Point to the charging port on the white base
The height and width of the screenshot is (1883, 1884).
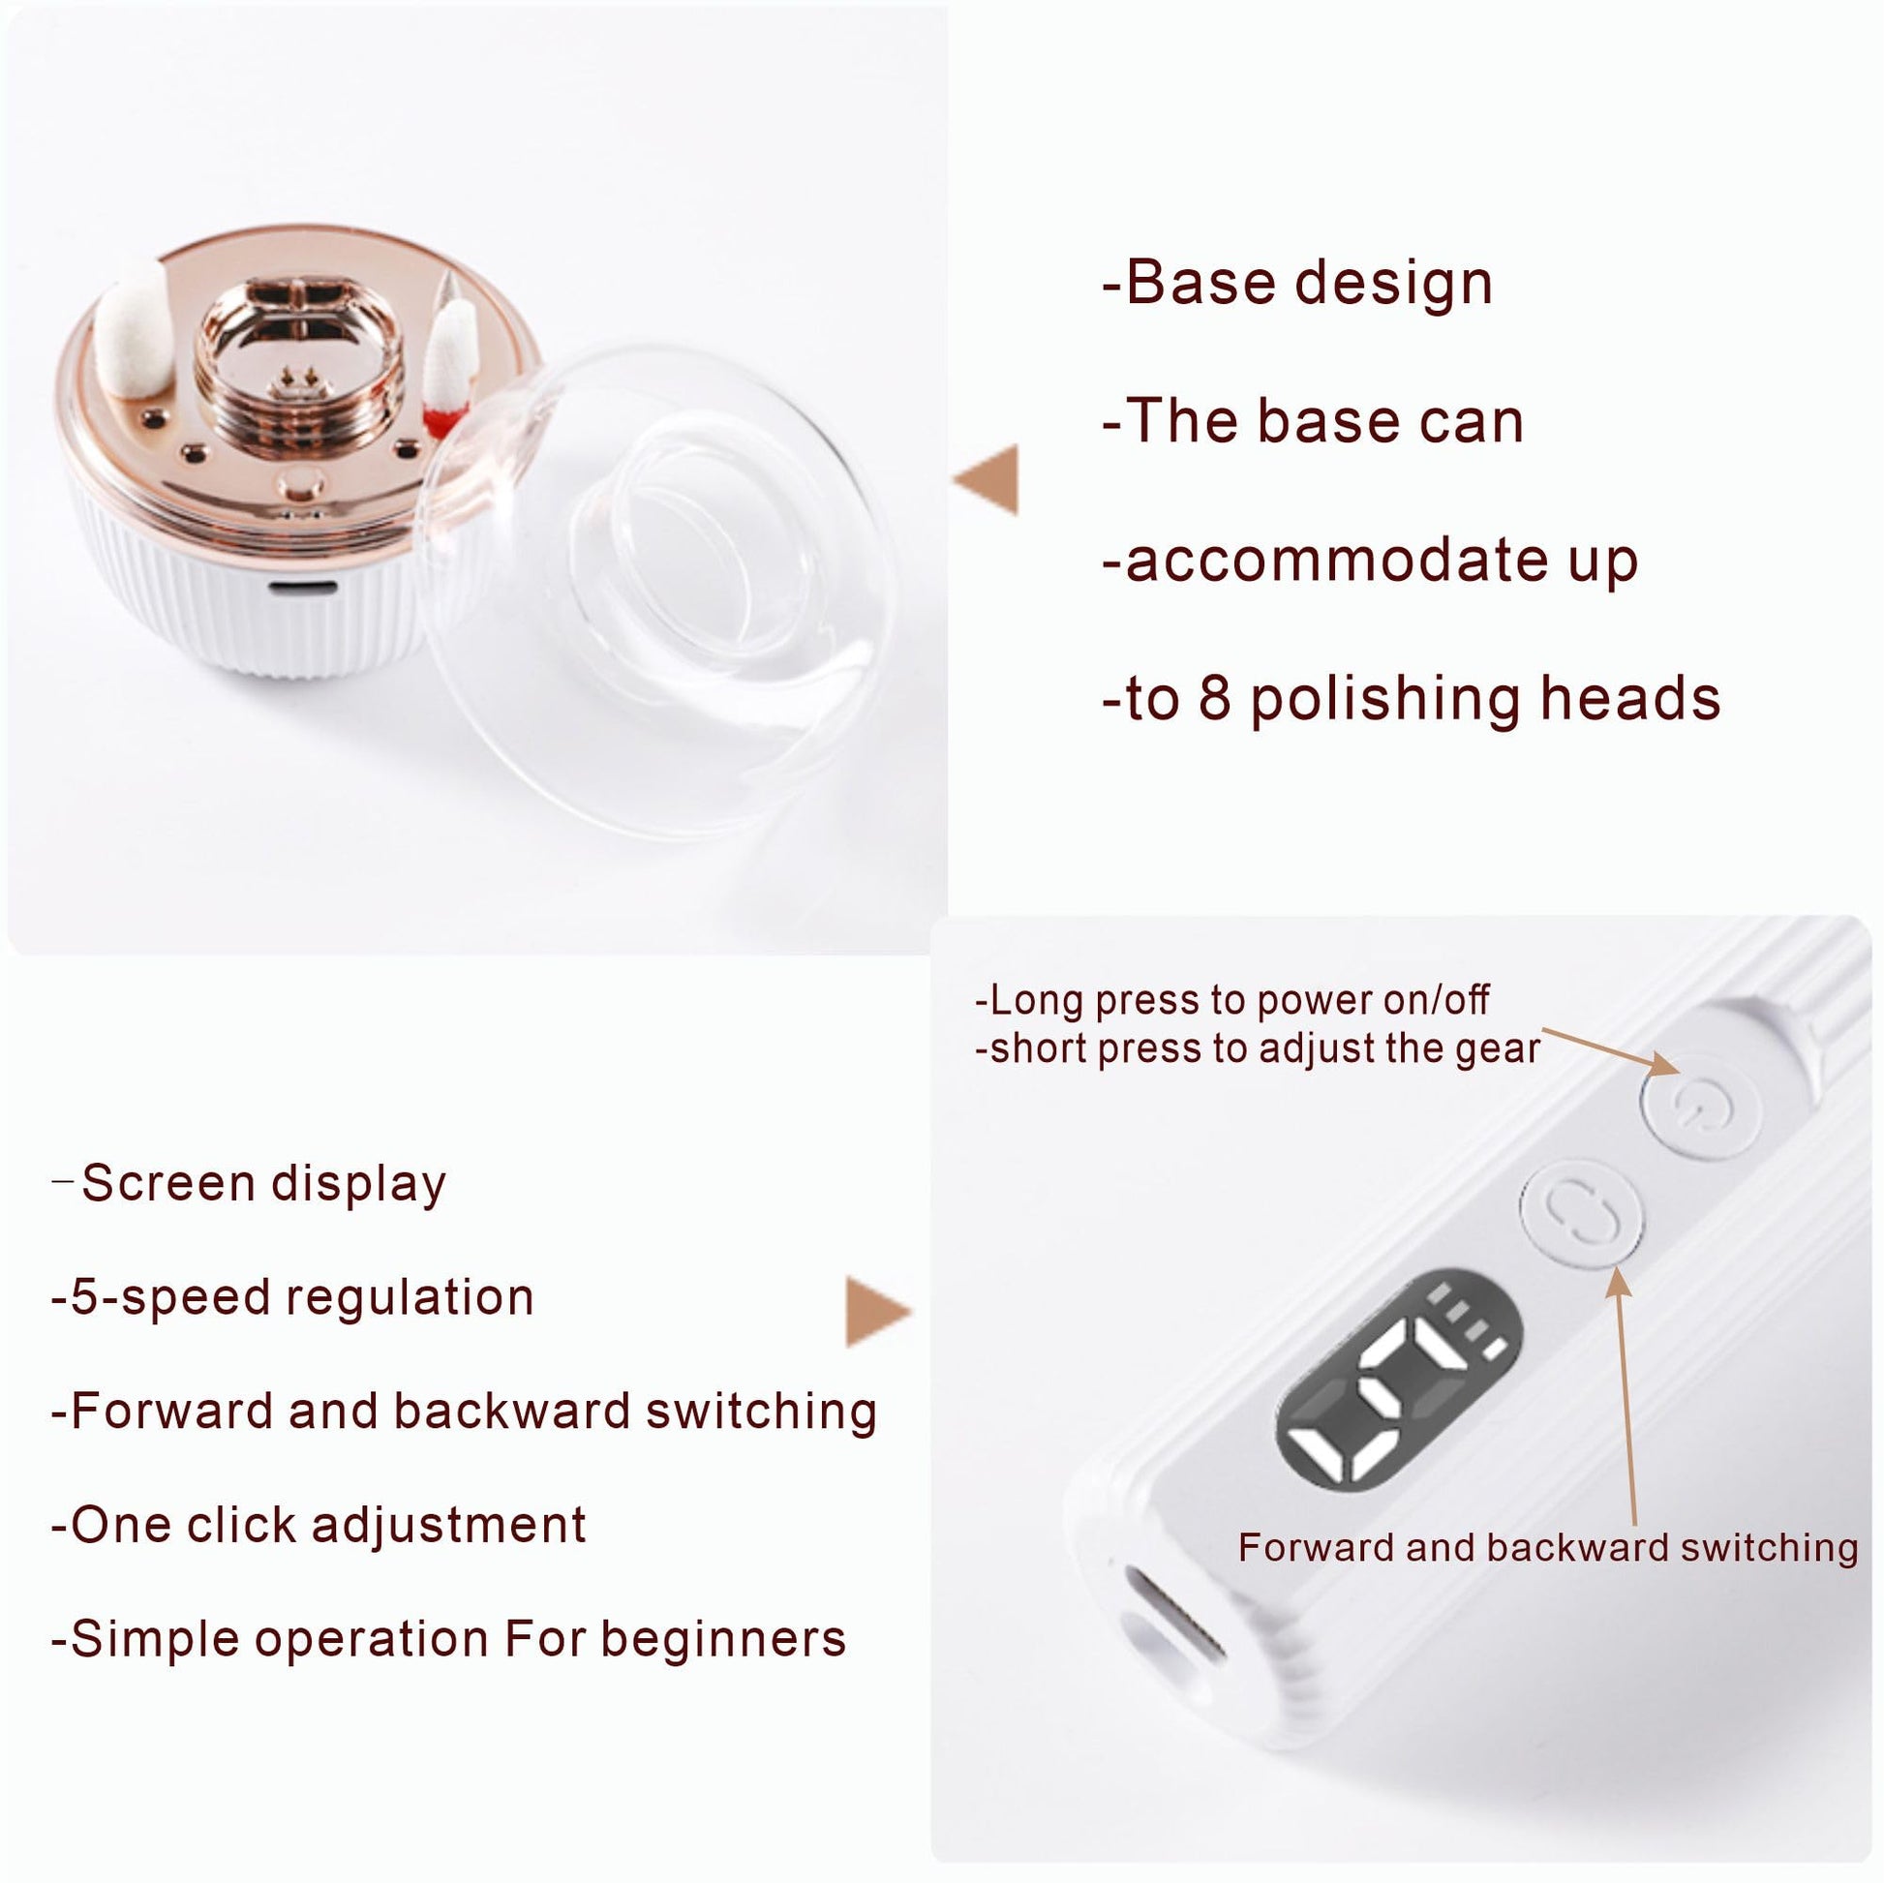(x=302, y=590)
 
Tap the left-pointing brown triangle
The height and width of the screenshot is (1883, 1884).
(x=986, y=479)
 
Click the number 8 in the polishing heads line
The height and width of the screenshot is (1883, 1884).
(x=1214, y=698)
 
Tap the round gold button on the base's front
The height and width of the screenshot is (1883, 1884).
(x=300, y=485)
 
